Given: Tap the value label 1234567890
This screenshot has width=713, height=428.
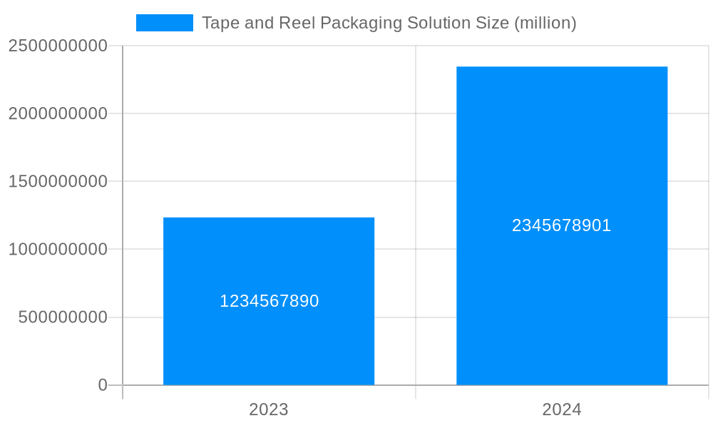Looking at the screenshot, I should click(x=269, y=301).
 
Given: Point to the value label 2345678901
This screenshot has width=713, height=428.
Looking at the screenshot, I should click(x=562, y=225).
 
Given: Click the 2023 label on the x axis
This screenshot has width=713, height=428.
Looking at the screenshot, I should click(x=269, y=409).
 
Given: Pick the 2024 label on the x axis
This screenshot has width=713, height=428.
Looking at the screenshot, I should click(x=562, y=409).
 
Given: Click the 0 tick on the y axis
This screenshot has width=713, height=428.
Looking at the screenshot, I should click(x=103, y=385).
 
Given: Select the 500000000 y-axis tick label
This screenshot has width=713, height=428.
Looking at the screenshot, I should click(x=63, y=317).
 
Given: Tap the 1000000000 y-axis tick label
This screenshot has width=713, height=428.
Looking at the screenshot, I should click(x=58, y=250).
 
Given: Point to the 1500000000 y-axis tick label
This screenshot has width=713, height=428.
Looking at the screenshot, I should click(x=58, y=181).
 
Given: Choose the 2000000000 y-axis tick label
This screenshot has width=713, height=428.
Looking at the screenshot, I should click(x=58, y=113).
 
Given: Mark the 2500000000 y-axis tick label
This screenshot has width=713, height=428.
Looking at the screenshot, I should click(x=58, y=46).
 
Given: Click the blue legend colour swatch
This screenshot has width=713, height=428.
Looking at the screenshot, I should click(x=165, y=23).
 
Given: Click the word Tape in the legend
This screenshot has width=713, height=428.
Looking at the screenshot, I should click(x=217, y=23).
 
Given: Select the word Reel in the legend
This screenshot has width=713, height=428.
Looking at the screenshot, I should click(x=292, y=23).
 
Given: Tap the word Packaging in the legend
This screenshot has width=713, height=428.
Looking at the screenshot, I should click(x=360, y=24).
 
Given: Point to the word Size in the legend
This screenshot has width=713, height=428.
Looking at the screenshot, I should click(x=490, y=23).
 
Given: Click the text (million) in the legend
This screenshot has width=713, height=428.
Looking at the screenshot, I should click(x=544, y=24).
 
